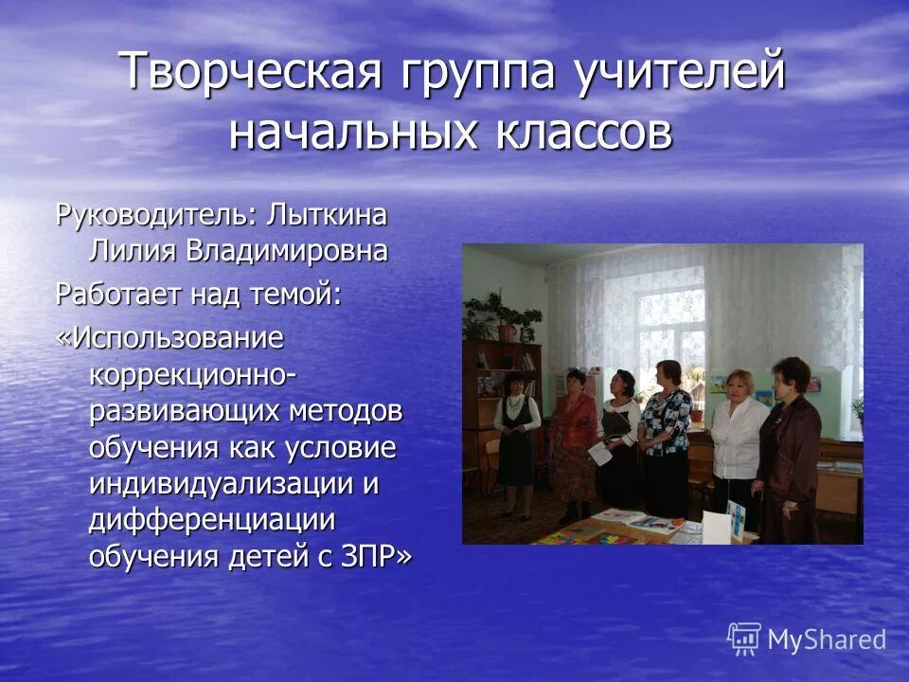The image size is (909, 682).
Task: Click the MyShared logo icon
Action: [x=744, y=639]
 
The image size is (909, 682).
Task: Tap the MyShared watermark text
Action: [x=828, y=640]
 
